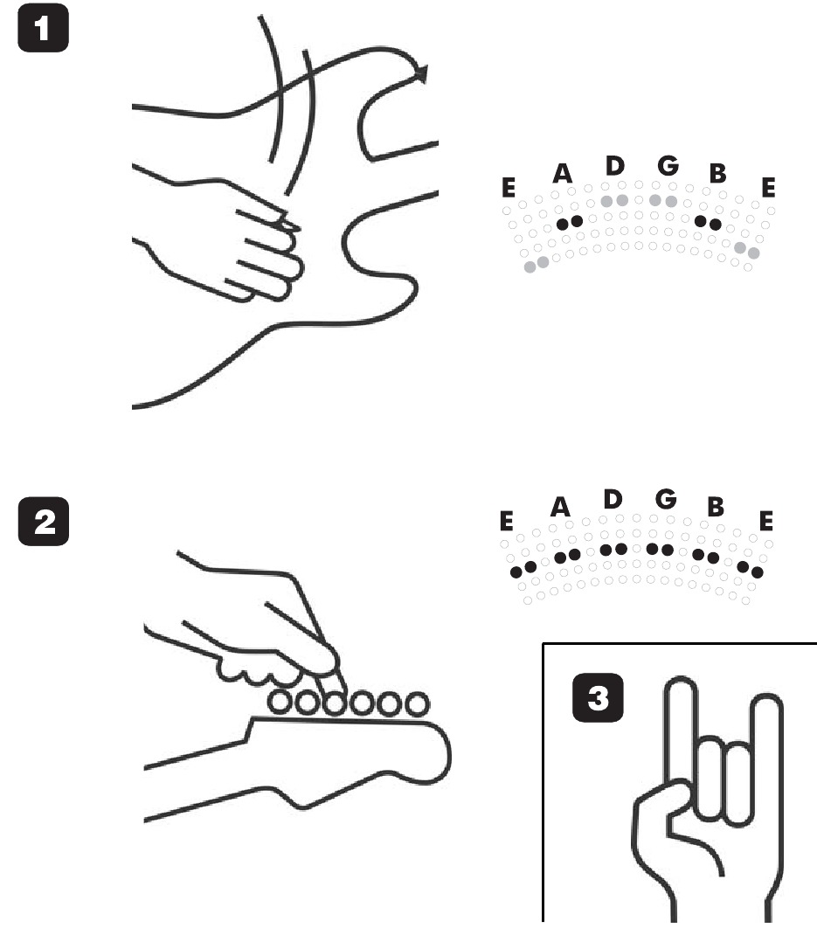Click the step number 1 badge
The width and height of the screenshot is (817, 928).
coord(45,31)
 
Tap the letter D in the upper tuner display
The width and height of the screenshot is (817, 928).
coord(614,167)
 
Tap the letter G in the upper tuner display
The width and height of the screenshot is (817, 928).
coord(668,167)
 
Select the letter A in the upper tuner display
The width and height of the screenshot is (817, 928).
coord(562,174)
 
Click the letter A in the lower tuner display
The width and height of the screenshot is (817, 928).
coord(560,507)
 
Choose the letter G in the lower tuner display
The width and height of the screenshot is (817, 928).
coord(666,499)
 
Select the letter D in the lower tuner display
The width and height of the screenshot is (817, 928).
coord(613,499)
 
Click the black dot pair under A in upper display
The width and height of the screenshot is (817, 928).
coord(569,223)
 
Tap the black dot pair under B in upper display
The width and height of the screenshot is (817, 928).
coord(708,223)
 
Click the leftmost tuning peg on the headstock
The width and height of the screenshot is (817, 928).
coord(280,701)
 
